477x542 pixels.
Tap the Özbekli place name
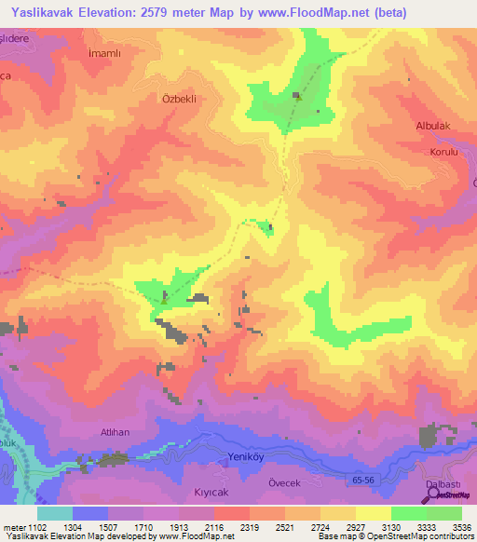click(x=180, y=97)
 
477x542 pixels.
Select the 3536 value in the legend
click(x=460, y=526)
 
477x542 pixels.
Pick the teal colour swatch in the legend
click(x=55, y=513)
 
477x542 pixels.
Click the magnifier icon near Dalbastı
click(x=431, y=495)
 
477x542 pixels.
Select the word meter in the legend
click(x=14, y=526)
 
